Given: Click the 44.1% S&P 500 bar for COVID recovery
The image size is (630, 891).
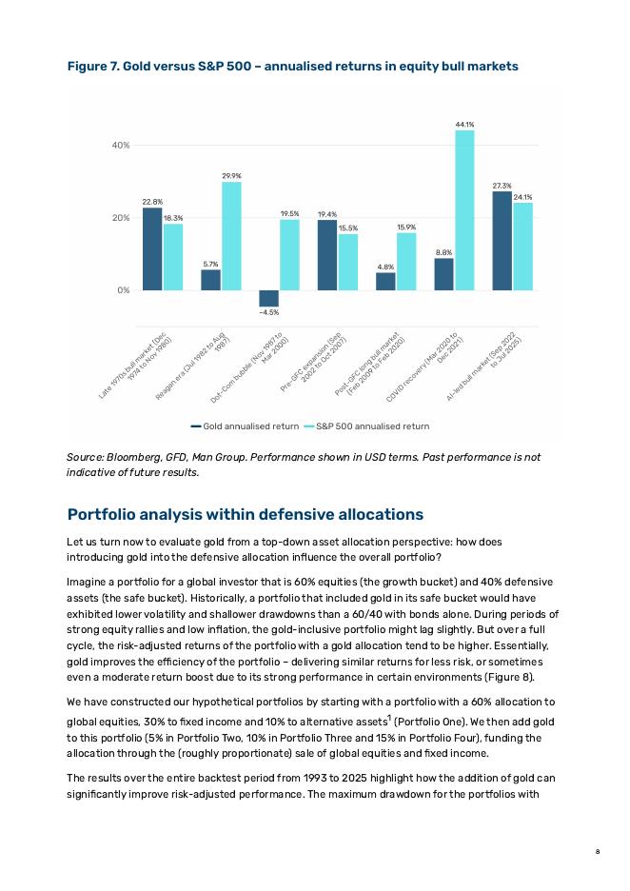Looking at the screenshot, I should [x=464, y=209].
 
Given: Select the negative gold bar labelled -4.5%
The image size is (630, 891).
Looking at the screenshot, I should [x=268, y=298].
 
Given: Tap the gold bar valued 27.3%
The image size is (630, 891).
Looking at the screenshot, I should [x=502, y=240].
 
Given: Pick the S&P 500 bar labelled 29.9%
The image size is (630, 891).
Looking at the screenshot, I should [x=231, y=235].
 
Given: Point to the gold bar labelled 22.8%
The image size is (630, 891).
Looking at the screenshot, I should [x=152, y=248].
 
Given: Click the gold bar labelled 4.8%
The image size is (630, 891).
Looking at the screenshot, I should [x=385, y=281].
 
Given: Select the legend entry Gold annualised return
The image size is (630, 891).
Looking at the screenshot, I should [x=246, y=426].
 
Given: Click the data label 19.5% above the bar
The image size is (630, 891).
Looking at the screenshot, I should [x=290, y=213].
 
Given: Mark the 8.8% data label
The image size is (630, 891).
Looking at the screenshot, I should [x=443, y=252].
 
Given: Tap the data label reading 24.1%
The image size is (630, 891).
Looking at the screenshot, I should [x=522, y=197].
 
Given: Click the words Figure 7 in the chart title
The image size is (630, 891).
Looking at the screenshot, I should [x=92, y=67].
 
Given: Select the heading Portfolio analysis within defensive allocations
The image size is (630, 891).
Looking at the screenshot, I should [x=245, y=514].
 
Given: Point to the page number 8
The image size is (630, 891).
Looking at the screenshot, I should [x=597, y=851].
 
